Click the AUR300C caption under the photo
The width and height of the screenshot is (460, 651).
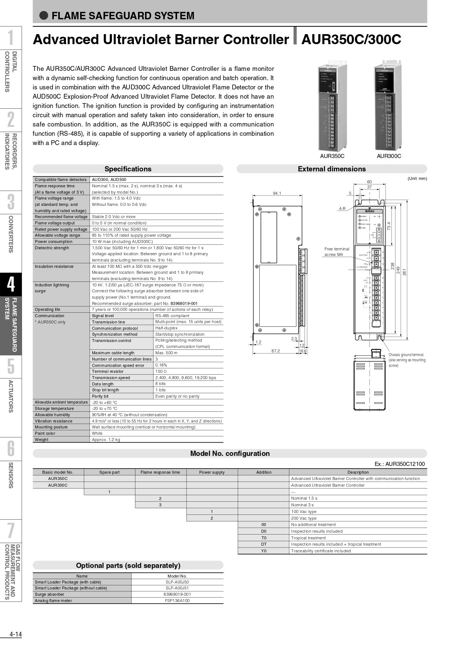pos(389,156)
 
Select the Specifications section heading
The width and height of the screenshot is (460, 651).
pos(128,169)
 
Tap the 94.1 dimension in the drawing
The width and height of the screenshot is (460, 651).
pos(277,193)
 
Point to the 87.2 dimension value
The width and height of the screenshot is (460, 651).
pos(275,351)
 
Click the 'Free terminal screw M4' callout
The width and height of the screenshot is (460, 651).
pos(336,251)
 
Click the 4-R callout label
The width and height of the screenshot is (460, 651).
pos(342,208)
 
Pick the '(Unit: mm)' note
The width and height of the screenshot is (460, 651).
pos(417,178)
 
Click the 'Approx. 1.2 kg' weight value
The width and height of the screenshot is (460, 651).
pos(106,440)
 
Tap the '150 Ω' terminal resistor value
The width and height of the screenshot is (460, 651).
pos(161,371)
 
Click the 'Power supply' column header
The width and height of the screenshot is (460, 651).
pos(212,472)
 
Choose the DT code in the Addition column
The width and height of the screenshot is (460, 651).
pos(264,544)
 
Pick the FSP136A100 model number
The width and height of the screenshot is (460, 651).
pos(177,601)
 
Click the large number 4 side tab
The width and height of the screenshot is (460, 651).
pos(11,285)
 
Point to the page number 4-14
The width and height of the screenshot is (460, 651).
pos(16,634)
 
